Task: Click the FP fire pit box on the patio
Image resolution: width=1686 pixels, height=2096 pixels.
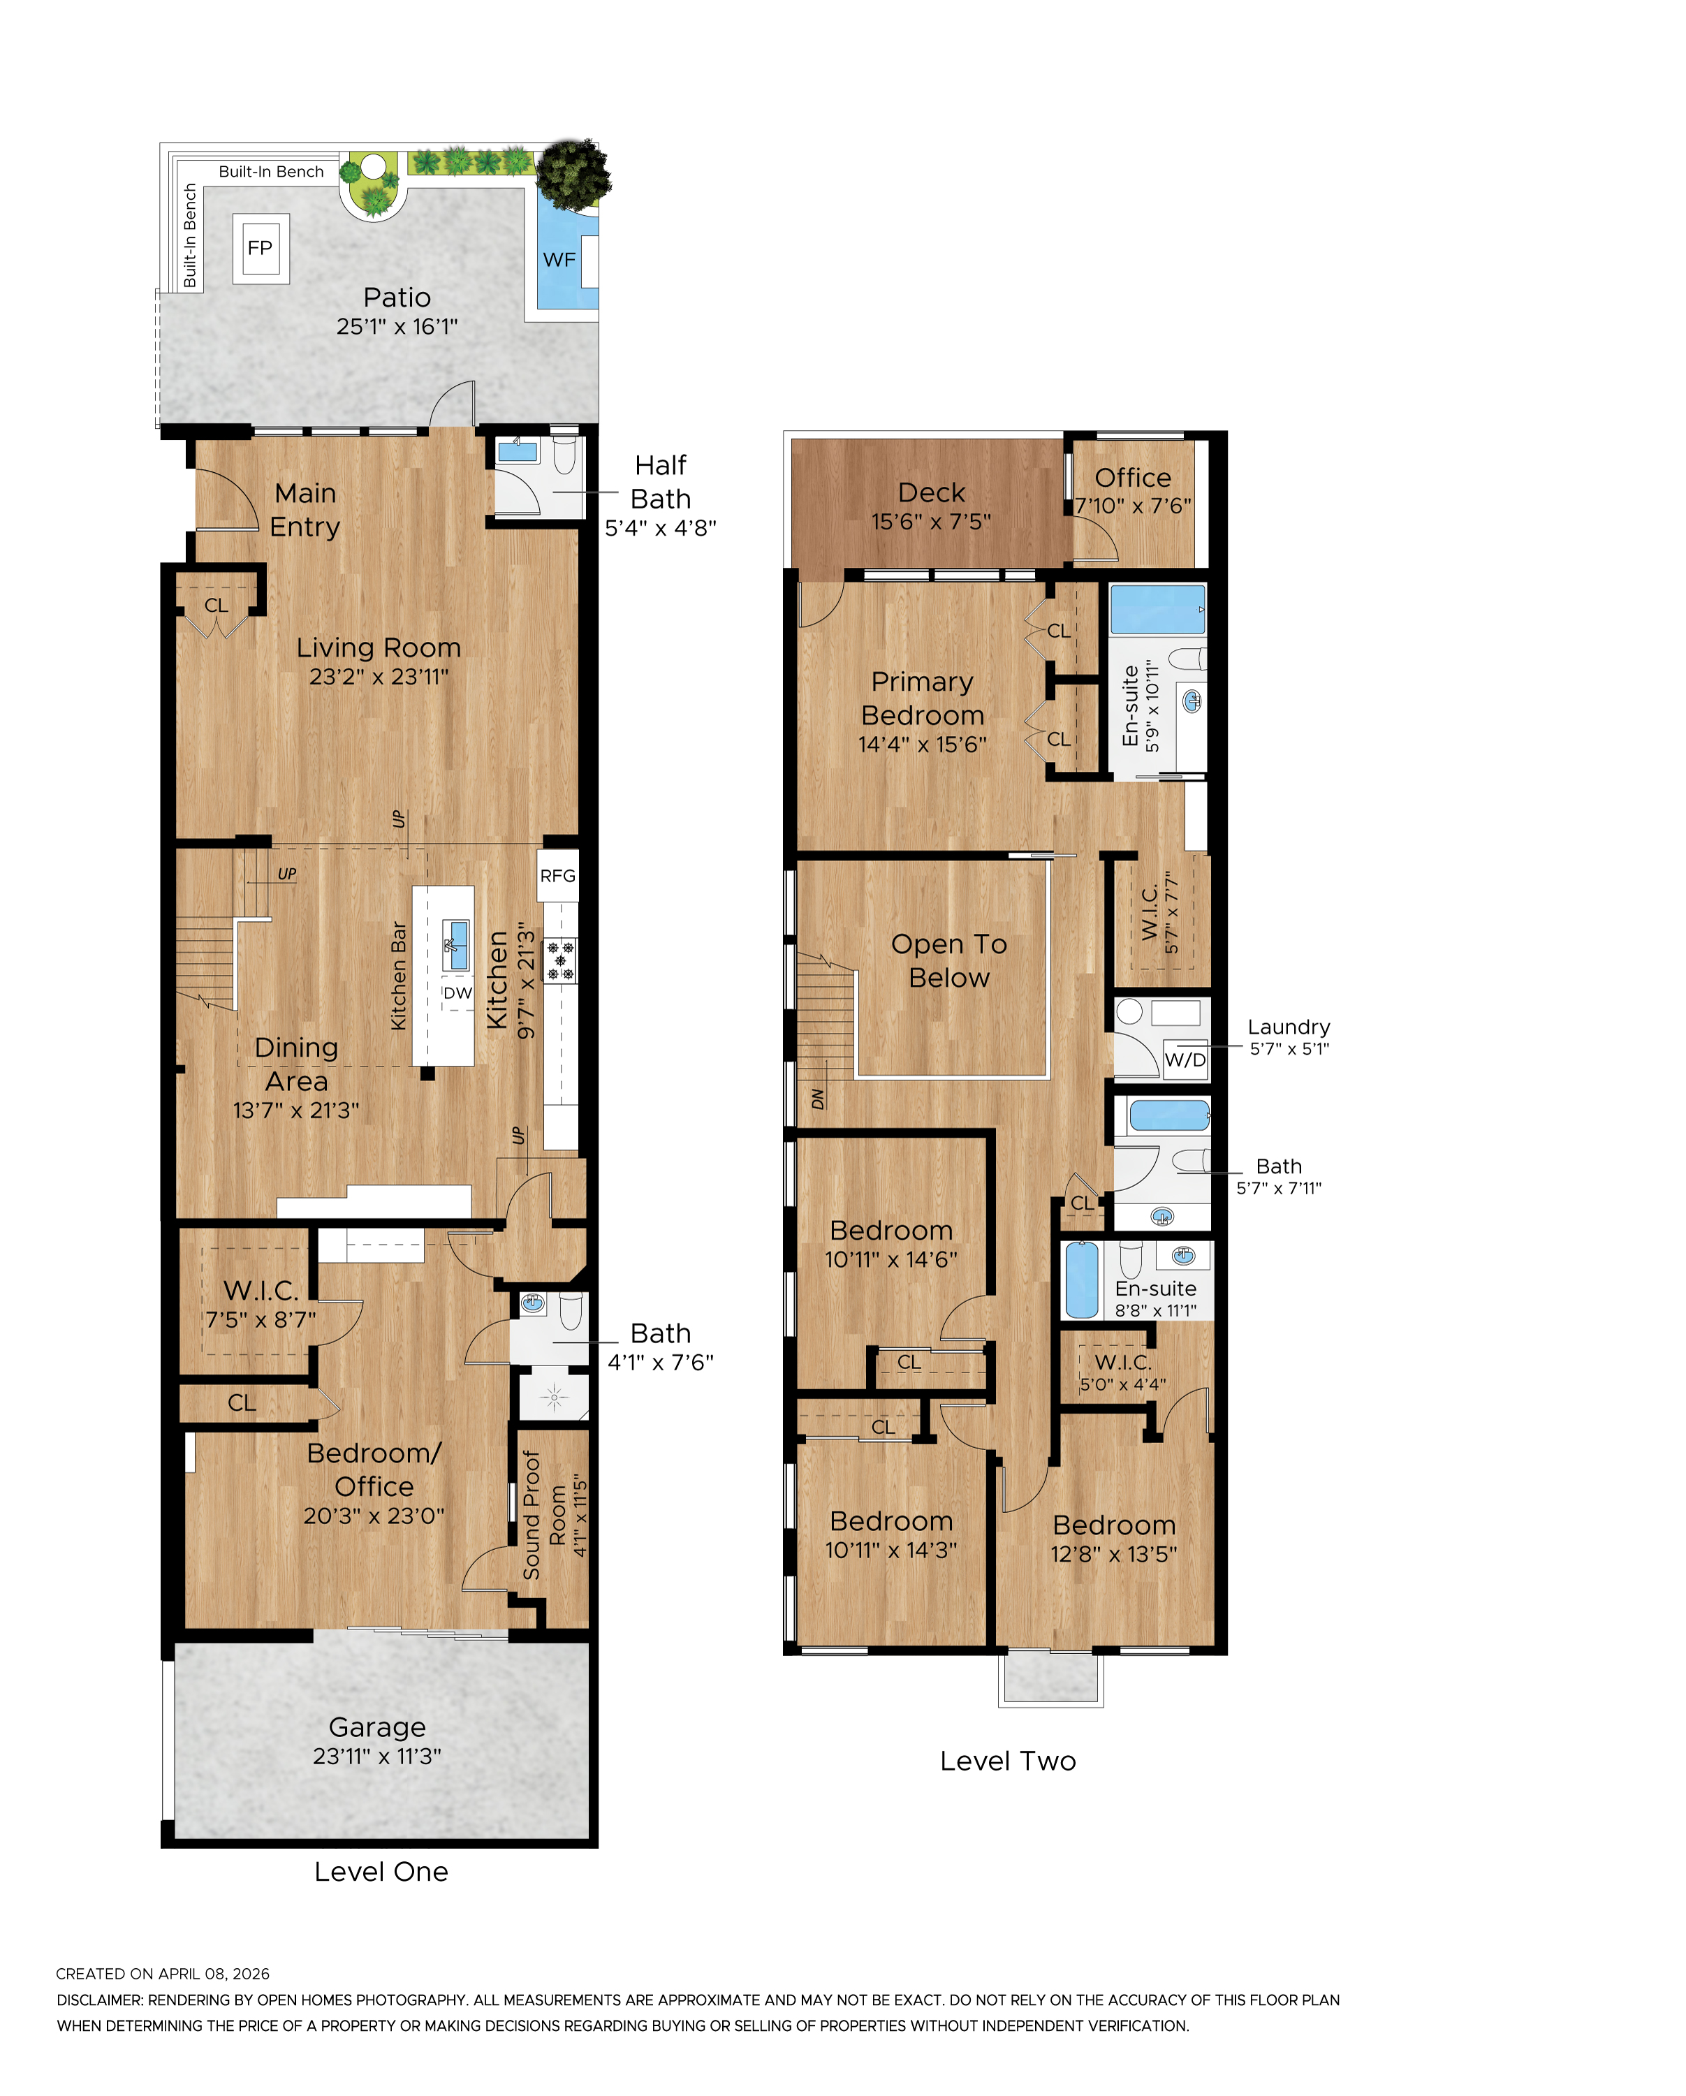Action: pyautogui.click(x=260, y=248)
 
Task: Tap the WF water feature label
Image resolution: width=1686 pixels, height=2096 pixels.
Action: pyautogui.click(x=559, y=260)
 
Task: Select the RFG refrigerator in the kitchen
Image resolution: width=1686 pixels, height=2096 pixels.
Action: pyautogui.click(x=557, y=876)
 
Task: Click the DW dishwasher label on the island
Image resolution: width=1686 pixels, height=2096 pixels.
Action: pyautogui.click(x=457, y=992)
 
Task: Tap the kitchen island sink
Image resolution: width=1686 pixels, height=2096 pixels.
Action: pyautogui.click(x=455, y=943)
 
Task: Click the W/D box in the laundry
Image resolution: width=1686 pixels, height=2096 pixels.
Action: pyautogui.click(x=1185, y=1060)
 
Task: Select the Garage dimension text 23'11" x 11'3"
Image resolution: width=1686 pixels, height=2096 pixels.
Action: pyautogui.click(x=376, y=1756)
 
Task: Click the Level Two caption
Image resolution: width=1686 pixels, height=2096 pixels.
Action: pyautogui.click(x=1007, y=1761)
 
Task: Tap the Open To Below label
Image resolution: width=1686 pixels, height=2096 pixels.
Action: pyautogui.click(x=949, y=960)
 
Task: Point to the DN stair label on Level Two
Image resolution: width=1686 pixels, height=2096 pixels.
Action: pyautogui.click(x=818, y=1099)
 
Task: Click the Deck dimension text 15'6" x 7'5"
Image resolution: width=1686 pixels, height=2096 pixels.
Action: pyautogui.click(x=930, y=522)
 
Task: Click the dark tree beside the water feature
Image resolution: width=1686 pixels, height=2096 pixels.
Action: pyautogui.click(x=573, y=173)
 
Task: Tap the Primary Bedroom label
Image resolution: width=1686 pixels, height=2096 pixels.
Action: pyautogui.click(x=922, y=698)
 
